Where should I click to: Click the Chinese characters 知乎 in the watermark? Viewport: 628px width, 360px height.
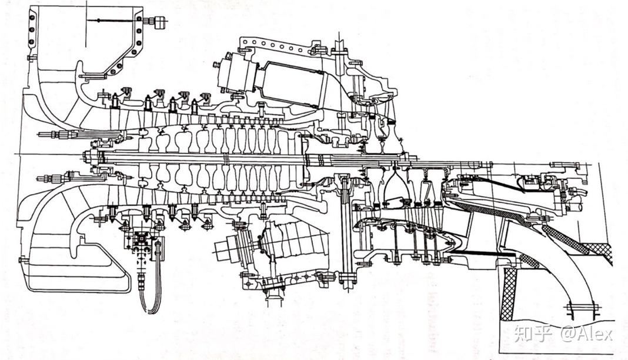[x=533, y=334]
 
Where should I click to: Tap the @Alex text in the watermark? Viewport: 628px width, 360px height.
[x=586, y=334]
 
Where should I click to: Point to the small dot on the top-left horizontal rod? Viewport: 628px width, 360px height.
[x=98, y=21]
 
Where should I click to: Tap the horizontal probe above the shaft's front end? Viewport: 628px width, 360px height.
[x=59, y=134]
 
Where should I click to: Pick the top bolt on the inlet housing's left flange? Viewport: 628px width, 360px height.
[x=32, y=16]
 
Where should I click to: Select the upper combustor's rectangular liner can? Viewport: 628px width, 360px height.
[x=294, y=82]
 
